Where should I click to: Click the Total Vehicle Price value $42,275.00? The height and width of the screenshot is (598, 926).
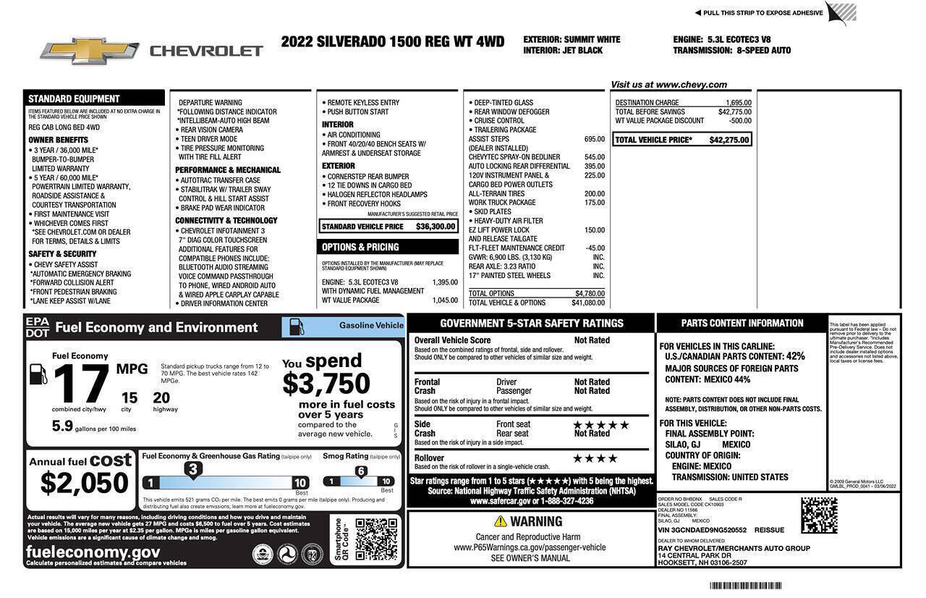pos(729,140)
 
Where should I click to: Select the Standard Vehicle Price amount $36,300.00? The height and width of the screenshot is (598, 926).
pos(436,227)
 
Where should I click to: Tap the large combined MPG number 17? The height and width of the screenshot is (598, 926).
pos(81,384)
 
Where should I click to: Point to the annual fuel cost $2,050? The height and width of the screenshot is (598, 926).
pos(84,483)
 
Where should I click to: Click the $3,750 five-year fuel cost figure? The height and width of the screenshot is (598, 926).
pos(326,384)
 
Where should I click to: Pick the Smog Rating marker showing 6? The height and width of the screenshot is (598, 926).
pos(360,471)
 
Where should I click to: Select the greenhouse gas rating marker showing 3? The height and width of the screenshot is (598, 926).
pos(192,470)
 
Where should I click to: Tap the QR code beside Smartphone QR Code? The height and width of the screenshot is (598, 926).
pos(375,539)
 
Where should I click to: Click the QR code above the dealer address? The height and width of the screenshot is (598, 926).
pos(819,515)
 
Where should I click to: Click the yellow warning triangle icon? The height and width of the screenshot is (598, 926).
pos(500,521)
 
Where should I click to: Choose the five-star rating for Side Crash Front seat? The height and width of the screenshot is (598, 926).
pos(600,425)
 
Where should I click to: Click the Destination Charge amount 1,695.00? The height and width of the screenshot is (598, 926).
pos(738,103)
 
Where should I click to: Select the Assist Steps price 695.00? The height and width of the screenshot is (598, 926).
pos(594,139)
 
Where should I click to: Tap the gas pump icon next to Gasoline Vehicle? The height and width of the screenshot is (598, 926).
pos(297,327)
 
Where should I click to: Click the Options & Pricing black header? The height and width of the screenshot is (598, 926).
pos(388,247)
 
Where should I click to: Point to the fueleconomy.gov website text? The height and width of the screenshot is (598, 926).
pos(93,552)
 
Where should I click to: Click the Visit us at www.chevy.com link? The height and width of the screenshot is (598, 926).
pos(668,85)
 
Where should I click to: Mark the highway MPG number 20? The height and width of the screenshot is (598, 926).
pos(161,397)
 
